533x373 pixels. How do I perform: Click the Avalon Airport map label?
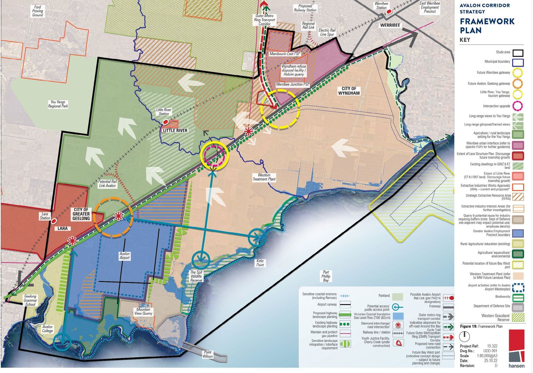point(125,256)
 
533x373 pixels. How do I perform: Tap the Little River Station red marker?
point(166,122)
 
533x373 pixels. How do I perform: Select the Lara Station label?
point(45,216)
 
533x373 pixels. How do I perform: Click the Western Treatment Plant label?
point(264,177)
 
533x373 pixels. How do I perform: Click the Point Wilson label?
point(208,354)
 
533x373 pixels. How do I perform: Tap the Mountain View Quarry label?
point(143,312)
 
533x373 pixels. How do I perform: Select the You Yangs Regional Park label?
point(58,104)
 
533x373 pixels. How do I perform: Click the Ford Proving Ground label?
point(38,11)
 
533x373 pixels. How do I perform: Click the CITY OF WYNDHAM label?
point(349,91)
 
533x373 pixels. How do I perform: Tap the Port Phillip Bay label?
point(326,276)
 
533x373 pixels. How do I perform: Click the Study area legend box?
point(517,53)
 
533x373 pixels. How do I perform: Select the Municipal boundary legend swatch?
point(517,63)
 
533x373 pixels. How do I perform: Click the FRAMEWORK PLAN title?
point(486,26)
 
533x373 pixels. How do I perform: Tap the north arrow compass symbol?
point(465,336)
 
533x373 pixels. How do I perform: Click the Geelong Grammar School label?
point(30,300)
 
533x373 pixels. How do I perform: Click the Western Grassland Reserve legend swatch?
point(517,317)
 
